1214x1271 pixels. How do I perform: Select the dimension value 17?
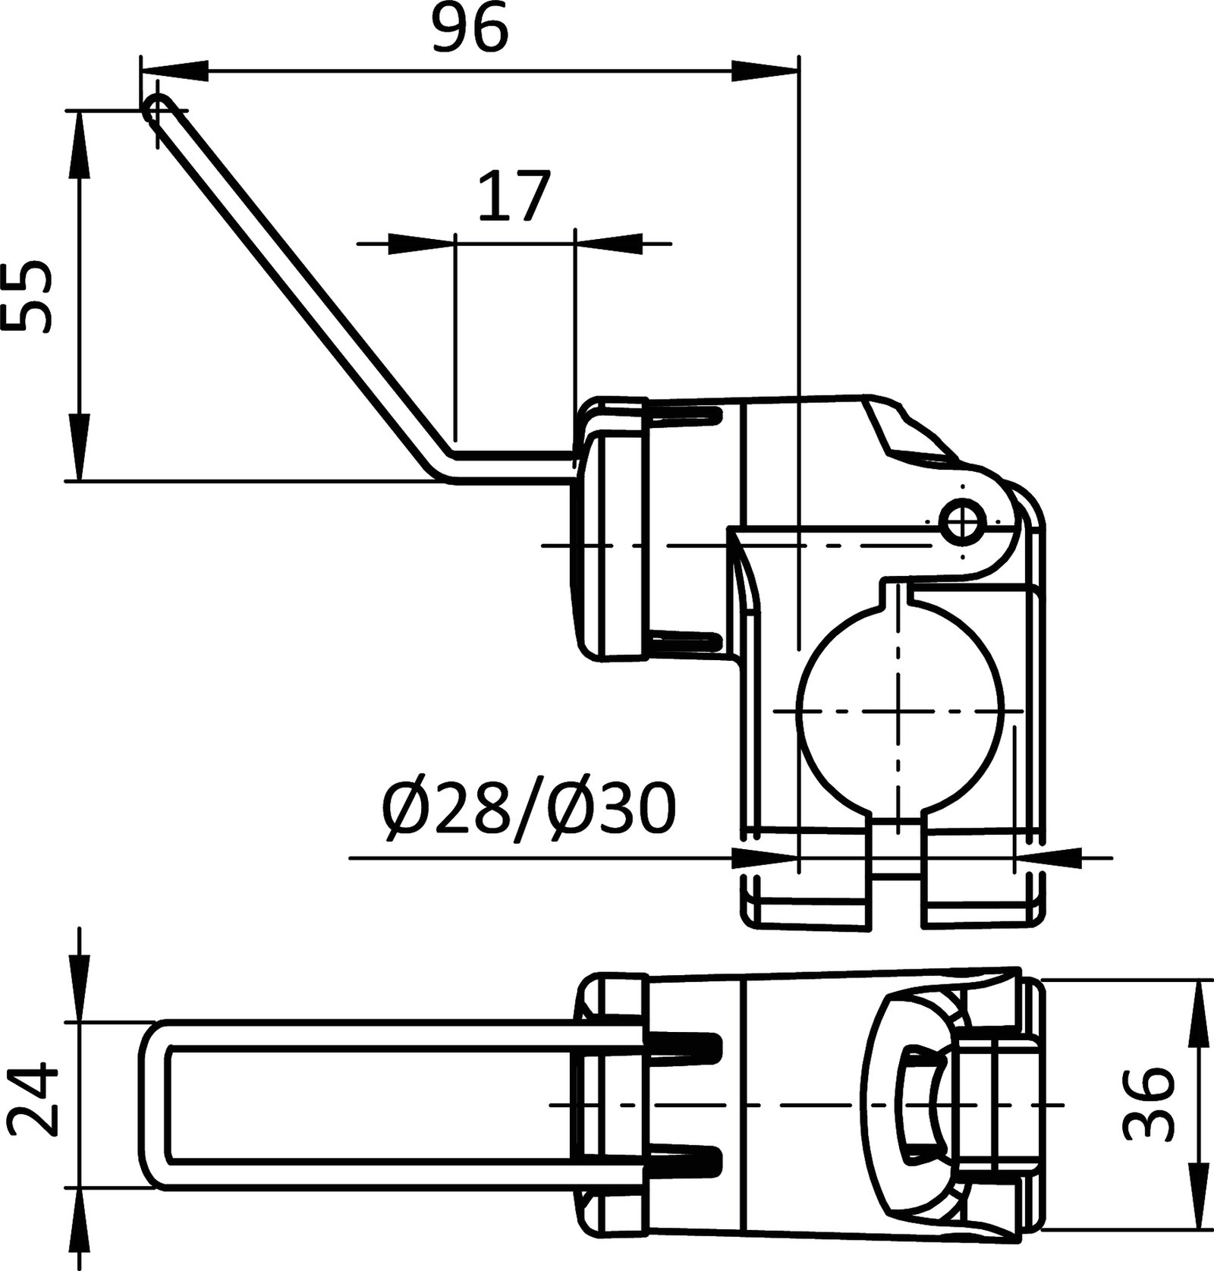click(513, 197)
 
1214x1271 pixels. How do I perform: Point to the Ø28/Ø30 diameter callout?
click(530, 810)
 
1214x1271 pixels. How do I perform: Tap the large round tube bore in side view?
click(899, 713)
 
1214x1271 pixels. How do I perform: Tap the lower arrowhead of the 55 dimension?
click(79, 448)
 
